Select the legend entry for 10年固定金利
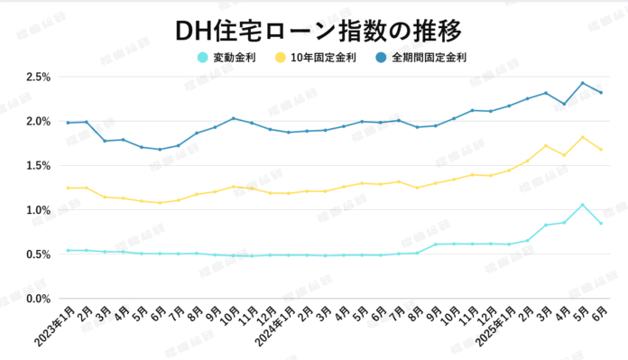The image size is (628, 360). point(320,58)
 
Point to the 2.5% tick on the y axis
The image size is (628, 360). point(37,77)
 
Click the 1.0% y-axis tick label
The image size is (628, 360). point(37,210)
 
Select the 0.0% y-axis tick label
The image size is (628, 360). point(37,299)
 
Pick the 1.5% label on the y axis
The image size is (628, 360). point(37,165)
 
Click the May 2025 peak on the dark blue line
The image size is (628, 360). point(583,83)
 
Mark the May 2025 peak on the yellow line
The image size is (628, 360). point(583,137)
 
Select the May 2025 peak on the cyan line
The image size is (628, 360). point(583,205)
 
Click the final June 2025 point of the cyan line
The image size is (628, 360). point(601,223)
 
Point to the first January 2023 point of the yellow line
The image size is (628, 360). point(68,188)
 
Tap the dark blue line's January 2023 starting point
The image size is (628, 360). point(68,123)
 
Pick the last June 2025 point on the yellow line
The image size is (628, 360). point(601,150)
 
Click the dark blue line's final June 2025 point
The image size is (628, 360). point(601,92)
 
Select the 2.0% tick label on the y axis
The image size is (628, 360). point(37,121)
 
